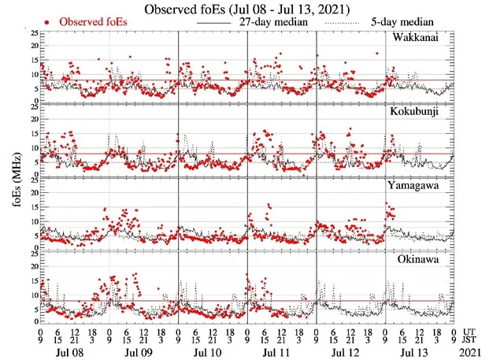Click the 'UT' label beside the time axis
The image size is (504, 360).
[470, 331]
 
